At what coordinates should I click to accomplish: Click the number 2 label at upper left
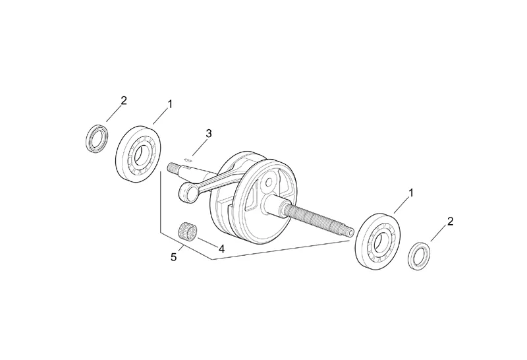point(123,101)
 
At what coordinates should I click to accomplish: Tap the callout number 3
point(208,134)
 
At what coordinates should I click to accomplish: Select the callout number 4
point(222,249)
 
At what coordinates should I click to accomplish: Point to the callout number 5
point(174,257)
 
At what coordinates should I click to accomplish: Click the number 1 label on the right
point(412,193)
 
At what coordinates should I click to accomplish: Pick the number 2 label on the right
point(451,222)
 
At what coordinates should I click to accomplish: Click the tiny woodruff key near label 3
point(188,158)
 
